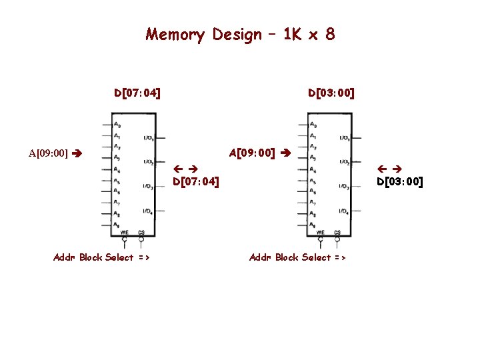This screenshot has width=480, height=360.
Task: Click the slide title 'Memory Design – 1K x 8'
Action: (x=240, y=34)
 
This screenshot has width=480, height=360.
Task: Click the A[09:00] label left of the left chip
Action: (x=48, y=153)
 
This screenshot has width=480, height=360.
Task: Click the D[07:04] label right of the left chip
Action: (x=196, y=181)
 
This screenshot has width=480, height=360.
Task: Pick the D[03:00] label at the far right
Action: (x=399, y=181)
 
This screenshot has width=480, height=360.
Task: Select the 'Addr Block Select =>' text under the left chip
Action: (x=101, y=257)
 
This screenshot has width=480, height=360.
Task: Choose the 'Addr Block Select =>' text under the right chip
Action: (x=297, y=257)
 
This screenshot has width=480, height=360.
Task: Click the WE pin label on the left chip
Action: (x=125, y=232)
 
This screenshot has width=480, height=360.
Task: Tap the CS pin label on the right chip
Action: (x=337, y=232)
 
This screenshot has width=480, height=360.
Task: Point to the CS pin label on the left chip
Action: (x=141, y=232)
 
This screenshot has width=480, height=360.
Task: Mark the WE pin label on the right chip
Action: (x=321, y=232)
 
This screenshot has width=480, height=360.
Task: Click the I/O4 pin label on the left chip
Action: (x=148, y=211)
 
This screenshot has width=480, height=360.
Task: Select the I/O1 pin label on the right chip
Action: (x=344, y=138)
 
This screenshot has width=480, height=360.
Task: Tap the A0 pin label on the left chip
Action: (x=117, y=125)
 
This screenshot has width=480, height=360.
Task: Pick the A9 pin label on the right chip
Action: (x=313, y=225)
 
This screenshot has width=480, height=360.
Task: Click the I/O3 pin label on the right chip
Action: (x=344, y=187)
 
